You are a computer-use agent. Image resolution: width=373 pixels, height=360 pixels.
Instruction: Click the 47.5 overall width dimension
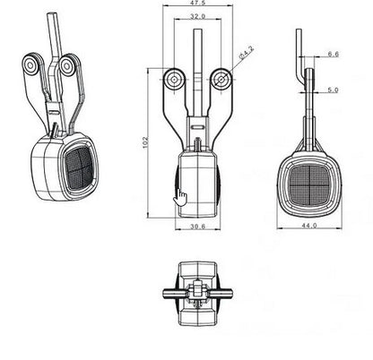coord(196,4)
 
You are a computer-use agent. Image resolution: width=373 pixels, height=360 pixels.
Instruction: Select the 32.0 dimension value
coord(197,16)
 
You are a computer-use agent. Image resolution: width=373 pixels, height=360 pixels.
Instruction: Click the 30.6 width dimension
coord(197,227)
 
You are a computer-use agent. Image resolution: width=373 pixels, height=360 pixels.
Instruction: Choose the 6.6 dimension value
coord(333,54)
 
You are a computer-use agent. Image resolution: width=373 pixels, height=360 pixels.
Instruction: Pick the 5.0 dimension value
coord(333,90)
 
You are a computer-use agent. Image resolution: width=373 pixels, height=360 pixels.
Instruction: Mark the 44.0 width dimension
coord(309,227)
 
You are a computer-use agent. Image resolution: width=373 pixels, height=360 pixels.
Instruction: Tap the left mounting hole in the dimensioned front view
coord(172,80)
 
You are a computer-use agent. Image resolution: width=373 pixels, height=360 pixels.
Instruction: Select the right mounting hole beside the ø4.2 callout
coord(221,80)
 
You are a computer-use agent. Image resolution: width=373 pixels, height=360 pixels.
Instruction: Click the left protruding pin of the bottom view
coord(169,293)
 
